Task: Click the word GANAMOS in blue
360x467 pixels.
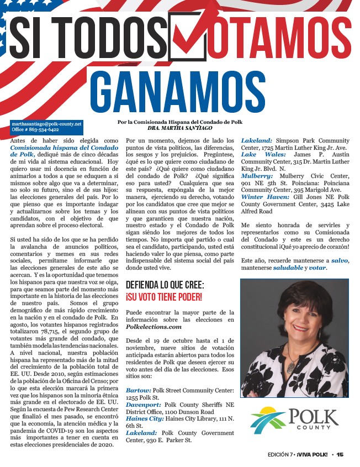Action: pyautogui.click(x=178, y=92)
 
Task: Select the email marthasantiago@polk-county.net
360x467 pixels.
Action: pyautogui.click(x=46, y=124)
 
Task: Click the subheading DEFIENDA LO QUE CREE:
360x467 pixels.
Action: pyautogui.click(x=165, y=285)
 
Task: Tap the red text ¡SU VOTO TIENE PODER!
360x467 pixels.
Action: pyautogui.click(x=164, y=297)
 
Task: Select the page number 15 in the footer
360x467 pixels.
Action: pyautogui.click(x=340, y=454)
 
